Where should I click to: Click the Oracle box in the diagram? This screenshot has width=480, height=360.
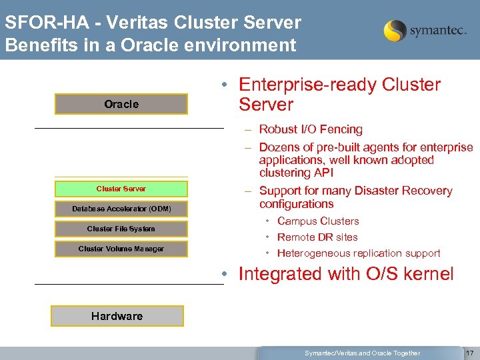(x=121, y=104)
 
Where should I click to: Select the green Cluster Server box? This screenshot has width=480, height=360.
(x=121, y=189)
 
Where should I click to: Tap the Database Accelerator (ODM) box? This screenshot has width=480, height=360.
(x=121, y=209)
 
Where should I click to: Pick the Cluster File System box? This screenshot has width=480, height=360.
(x=121, y=229)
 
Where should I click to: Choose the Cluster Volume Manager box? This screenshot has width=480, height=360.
(x=121, y=249)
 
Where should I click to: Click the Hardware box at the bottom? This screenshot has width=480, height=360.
(x=117, y=316)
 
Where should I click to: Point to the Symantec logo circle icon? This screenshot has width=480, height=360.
(x=395, y=31)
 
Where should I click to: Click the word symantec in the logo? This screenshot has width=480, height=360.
(x=438, y=31)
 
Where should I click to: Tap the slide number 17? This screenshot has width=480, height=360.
(x=469, y=353)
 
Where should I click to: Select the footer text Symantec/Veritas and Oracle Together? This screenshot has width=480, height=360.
(x=362, y=353)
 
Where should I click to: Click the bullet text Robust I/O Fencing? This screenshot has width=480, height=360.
(x=311, y=129)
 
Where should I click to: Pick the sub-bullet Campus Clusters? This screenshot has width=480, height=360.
(x=318, y=221)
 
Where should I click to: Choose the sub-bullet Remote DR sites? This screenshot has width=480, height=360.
(x=317, y=237)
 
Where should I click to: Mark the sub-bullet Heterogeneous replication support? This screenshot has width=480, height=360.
(x=359, y=253)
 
